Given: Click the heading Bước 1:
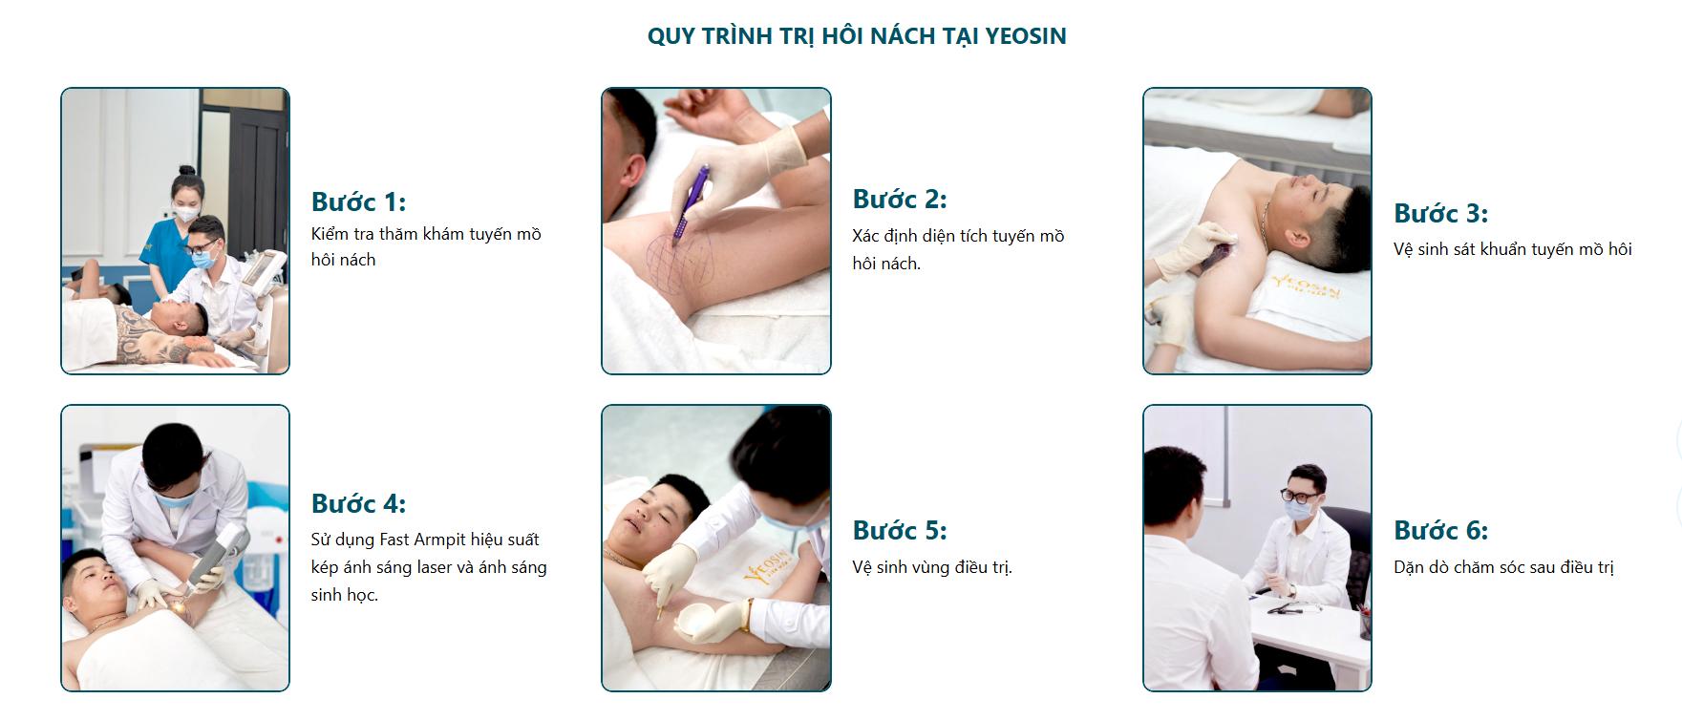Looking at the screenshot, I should [358, 202].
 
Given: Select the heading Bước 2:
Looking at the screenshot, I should [899, 200].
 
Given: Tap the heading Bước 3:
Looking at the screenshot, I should [1440, 213].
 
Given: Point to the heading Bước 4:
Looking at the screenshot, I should [358, 503].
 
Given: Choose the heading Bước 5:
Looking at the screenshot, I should [899, 530].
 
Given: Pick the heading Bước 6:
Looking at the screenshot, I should [1440, 530].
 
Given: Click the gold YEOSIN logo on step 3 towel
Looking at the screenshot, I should [1306, 286].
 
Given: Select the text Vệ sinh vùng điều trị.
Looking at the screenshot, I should [931, 567].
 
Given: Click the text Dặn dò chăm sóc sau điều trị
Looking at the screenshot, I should [1503, 567].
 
